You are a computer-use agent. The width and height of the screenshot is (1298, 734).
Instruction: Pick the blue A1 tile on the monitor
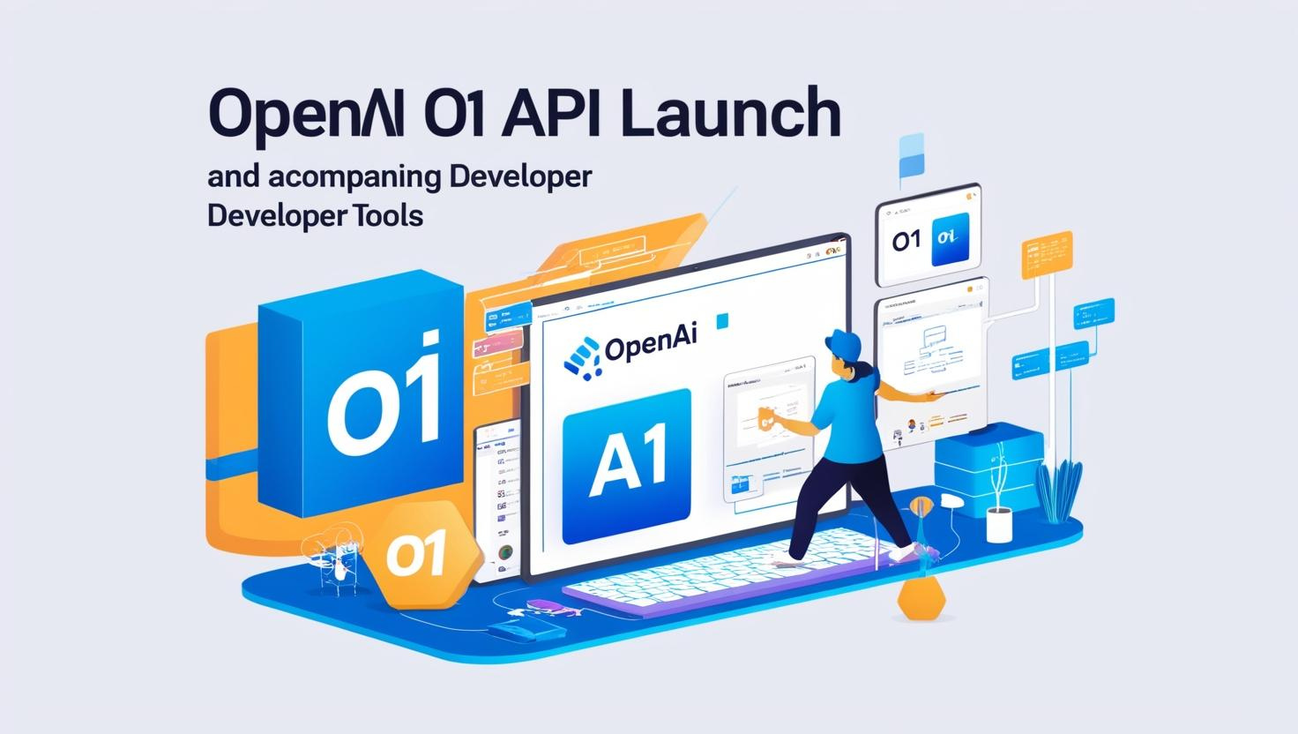(626, 465)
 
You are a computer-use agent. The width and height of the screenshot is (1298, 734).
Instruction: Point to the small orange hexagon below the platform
(921, 599)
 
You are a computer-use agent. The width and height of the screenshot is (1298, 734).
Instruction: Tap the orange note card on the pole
(1045, 256)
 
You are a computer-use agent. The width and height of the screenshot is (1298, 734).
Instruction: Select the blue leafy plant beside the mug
(1056, 491)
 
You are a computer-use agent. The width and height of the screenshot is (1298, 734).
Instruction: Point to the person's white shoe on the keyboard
(908, 553)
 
